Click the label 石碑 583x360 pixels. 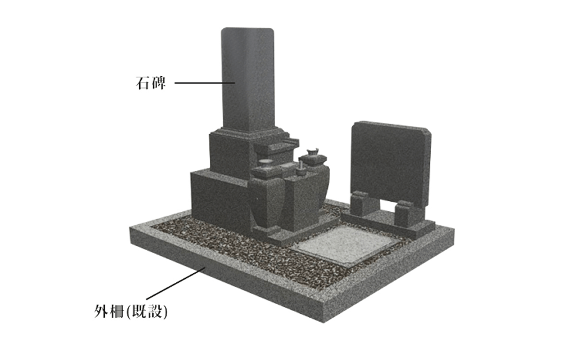[151, 83]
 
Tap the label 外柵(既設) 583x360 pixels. [130, 311]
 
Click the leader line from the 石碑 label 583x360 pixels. [205, 83]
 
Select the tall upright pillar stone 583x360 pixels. [248, 80]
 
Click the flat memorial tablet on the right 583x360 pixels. [390, 163]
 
